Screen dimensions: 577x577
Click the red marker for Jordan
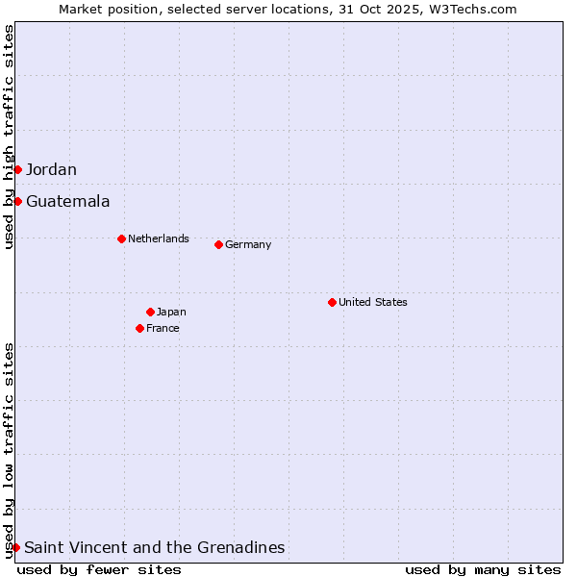point(17,169)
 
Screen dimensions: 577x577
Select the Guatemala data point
point(17,201)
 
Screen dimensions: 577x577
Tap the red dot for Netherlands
point(121,238)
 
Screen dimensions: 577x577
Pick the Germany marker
point(218,244)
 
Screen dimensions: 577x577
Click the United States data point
point(332,302)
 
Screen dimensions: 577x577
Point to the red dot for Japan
point(150,312)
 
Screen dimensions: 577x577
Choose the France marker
point(139,328)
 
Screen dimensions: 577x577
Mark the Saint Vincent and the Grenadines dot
point(15,547)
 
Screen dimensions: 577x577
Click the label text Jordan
point(51,170)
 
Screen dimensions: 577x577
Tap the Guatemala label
point(67,202)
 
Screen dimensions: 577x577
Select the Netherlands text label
point(158,238)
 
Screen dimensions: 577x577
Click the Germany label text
point(248,244)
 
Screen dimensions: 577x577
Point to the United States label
point(372,302)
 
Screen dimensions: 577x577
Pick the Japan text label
point(171,312)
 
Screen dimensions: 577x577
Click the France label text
point(163,328)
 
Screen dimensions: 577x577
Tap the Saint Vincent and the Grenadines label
point(154,548)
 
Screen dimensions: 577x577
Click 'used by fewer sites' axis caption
point(99,569)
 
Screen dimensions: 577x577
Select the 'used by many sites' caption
point(483,569)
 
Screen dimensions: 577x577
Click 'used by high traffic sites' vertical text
point(9,137)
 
